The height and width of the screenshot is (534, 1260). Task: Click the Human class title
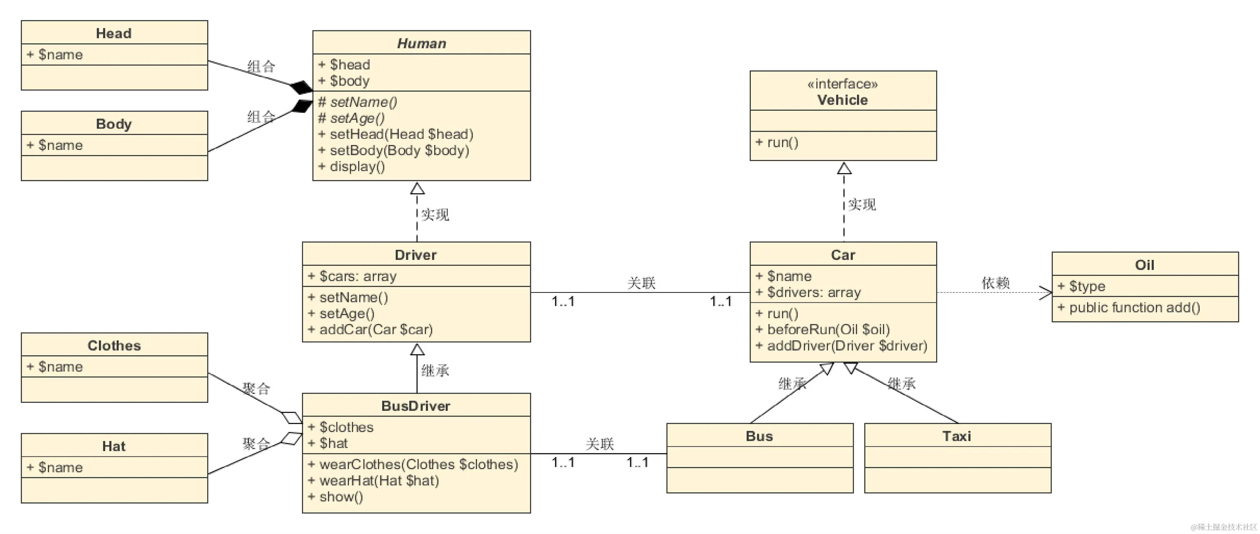tap(421, 43)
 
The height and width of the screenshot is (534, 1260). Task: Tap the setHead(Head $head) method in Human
tap(396, 134)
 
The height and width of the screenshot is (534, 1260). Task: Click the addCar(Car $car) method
tap(370, 329)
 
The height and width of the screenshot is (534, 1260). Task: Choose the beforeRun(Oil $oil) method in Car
tap(823, 329)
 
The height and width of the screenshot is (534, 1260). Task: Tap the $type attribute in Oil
tap(1082, 286)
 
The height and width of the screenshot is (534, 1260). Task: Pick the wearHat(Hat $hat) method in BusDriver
tap(373, 481)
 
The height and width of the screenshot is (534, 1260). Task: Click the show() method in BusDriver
tap(335, 497)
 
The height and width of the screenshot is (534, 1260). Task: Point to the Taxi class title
tap(957, 436)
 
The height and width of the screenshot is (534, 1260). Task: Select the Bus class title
tap(759, 436)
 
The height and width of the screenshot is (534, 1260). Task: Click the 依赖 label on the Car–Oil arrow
tap(996, 283)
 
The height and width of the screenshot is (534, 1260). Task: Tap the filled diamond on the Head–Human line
tap(301, 87)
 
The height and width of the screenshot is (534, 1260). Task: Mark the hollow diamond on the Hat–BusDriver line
tap(292, 438)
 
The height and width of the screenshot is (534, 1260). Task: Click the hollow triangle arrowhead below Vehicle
tap(844, 168)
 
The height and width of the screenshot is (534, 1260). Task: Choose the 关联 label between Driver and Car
tap(641, 283)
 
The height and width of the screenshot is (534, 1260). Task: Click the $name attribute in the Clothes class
tap(55, 367)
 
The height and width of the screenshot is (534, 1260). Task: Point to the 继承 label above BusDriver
tap(435, 371)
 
